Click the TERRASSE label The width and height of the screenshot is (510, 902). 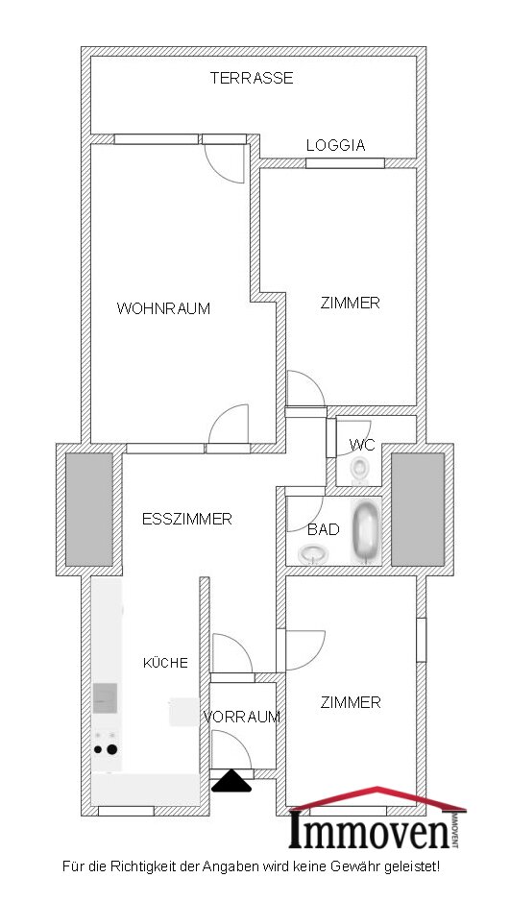click(x=252, y=78)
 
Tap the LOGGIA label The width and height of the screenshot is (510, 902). click(x=336, y=146)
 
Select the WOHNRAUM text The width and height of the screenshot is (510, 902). click(x=163, y=308)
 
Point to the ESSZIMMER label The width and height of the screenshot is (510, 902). click(x=187, y=519)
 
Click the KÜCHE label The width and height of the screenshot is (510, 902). click(x=165, y=663)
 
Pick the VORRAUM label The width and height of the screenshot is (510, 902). click(x=241, y=717)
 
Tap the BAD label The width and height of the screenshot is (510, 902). click(x=323, y=529)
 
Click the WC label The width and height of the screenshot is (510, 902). click(x=362, y=445)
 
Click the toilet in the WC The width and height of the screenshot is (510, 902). click(x=360, y=468)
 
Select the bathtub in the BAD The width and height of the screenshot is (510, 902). click(x=366, y=531)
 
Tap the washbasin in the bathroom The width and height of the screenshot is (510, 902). click(x=313, y=554)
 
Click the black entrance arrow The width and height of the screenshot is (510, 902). click(x=231, y=781)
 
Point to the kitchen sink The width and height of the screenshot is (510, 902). click(x=106, y=697)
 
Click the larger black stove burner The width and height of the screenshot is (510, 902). click(x=111, y=749)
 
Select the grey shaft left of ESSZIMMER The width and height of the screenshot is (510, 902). click(x=89, y=509)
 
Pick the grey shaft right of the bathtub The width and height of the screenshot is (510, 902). click(x=418, y=509)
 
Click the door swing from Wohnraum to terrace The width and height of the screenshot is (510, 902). click(x=224, y=164)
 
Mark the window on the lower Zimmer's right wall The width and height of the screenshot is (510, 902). click(x=422, y=640)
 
